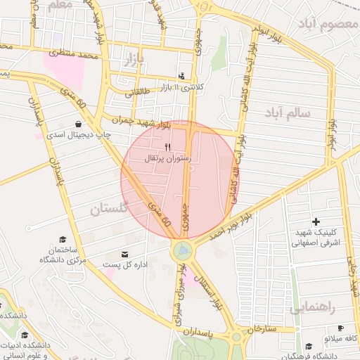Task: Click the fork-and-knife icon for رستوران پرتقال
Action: coord(167,148)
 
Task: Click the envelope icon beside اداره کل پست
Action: coord(125,255)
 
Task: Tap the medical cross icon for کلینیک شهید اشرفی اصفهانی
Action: coord(316,222)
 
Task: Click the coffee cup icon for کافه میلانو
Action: coord(341,328)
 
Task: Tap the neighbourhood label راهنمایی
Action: coord(313,307)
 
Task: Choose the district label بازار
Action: coord(137,58)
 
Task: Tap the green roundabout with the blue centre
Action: coord(181,250)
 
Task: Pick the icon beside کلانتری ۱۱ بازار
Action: coord(182,76)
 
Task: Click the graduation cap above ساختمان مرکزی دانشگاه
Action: coord(63,239)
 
